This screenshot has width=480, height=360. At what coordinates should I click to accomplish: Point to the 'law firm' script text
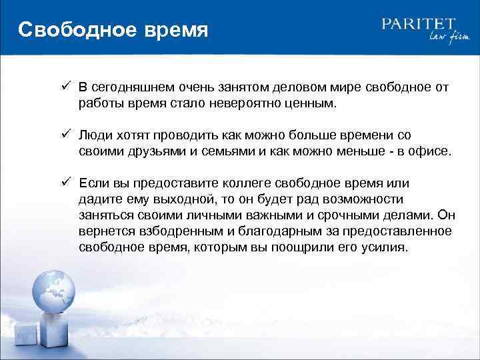click(441, 39)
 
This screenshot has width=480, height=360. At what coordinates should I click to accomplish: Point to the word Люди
click(95, 135)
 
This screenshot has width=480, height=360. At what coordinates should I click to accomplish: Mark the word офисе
click(431, 151)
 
